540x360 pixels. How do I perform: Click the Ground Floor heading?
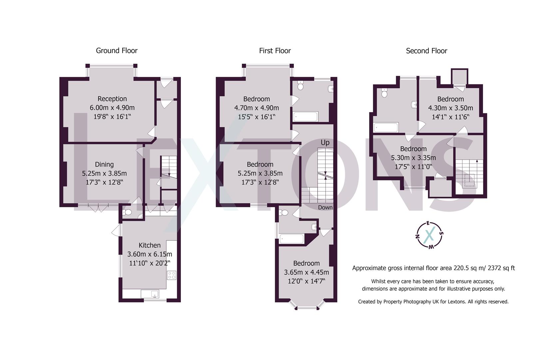117,51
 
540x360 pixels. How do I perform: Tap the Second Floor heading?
426,51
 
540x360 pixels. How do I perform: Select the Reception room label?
112,99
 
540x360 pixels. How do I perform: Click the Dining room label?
104,164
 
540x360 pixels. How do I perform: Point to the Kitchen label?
150,245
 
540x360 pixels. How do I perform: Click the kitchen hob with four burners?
172,275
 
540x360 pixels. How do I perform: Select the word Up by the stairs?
325,143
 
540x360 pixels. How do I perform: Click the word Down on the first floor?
325,207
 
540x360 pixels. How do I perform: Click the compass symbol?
429,235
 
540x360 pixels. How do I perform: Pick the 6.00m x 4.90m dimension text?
112,108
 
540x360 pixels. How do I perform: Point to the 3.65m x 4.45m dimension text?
306,272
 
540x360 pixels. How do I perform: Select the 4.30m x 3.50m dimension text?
450,108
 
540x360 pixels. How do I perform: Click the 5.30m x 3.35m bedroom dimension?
413,158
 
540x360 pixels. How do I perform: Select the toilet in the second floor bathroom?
384,93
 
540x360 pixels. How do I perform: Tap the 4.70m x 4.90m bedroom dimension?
257,108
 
